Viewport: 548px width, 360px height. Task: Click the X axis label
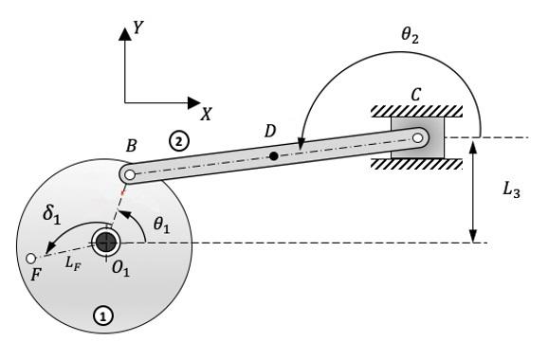205,112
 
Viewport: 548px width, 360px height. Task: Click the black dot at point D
274,155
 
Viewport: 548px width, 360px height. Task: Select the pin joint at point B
126,175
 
